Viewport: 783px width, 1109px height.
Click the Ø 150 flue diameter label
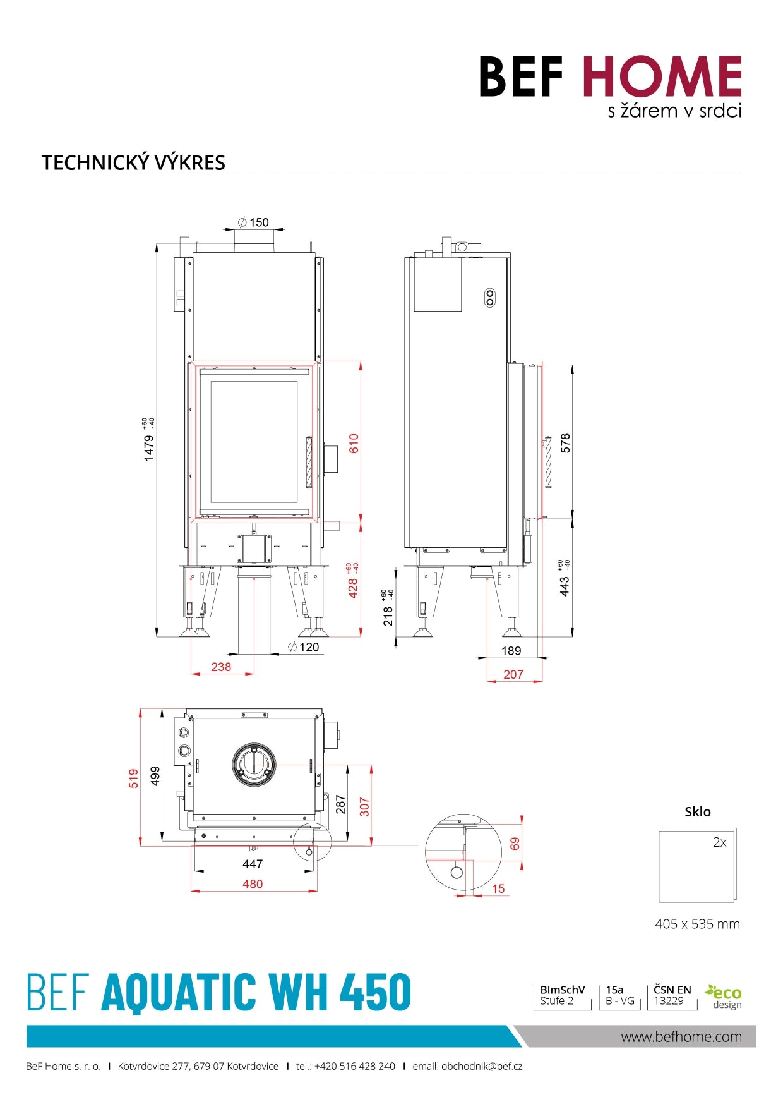(x=253, y=222)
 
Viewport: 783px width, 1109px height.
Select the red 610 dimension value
(x=354, y=443)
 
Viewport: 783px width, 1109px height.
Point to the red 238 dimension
(x=221, y=667)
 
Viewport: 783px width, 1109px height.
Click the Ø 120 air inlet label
(x=304, y=647)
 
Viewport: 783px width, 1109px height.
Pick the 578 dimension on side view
(x=565, y=443)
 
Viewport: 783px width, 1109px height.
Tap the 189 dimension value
(x=511, y=651)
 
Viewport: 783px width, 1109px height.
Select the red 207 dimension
(x=513, y=674)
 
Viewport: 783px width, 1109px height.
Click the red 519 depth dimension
(x=133, y=778)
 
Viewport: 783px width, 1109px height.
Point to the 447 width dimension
(x=253, y=864)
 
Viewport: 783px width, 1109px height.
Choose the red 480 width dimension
(x=253, y=884)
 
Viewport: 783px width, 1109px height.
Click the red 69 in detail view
(x=515, y=844)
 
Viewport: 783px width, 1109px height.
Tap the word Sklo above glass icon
(x=697, y=812)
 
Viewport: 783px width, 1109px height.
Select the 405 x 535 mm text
(x=697, y=924)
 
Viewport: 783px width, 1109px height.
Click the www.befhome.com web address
(x=681, y=1037)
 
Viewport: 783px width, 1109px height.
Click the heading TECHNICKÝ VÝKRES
(x=133, y=162)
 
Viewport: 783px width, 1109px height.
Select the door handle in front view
(x=309, y=462)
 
